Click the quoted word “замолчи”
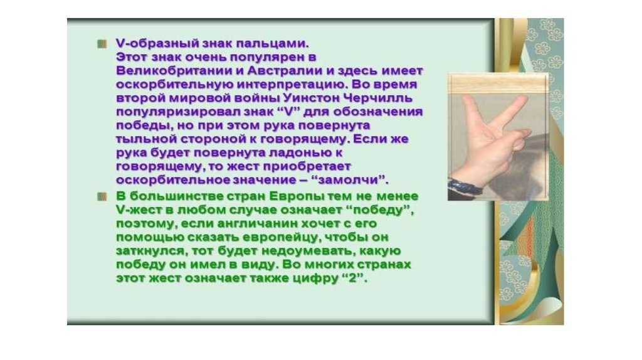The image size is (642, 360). (x=352, y=180)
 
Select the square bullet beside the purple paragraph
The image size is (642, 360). (x=102, y=44)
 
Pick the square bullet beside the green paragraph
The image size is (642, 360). (x=102, y=197)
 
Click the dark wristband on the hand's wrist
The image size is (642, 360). (x=465, y=187)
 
